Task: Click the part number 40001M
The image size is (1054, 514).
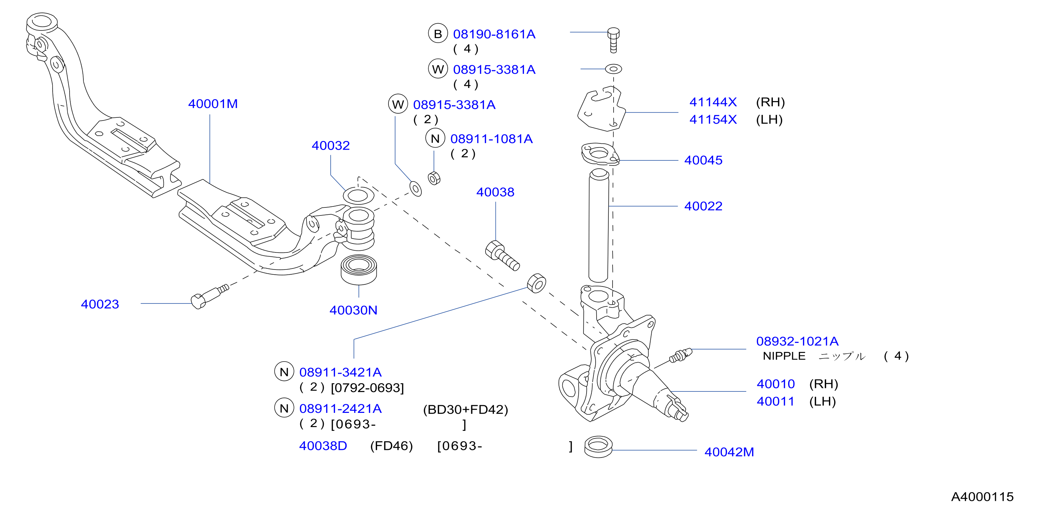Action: [x=213, y=104]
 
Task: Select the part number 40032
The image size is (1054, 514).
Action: [x=331, y=146]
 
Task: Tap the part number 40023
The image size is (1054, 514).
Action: [x=100, y=304]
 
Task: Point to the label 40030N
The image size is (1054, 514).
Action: [x=353, y=310]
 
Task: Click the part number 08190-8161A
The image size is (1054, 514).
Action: [x=494, y=34]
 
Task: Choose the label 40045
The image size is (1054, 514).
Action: [x=703, y=160]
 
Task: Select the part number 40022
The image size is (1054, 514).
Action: [x=703, y=206]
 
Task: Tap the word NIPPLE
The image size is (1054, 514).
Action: [x=784, y=356]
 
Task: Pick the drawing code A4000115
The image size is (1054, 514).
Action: [x=982, y=497]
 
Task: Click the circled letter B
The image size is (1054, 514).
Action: [x=438, y=34]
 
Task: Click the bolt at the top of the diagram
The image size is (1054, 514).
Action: [x=613, y=40]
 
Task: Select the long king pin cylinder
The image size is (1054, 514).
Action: [x=599, y=225]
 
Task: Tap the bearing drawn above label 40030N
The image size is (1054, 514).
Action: [x=358, y=270]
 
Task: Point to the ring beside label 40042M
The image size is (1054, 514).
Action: [x=598, y=446]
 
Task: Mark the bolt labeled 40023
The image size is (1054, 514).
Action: [x=209, y=296]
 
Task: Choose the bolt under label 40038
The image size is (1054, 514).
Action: [x=502, y=255]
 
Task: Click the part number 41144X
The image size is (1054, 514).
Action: [x=713, y=102]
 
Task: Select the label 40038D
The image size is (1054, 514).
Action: [x=323, y=446]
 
